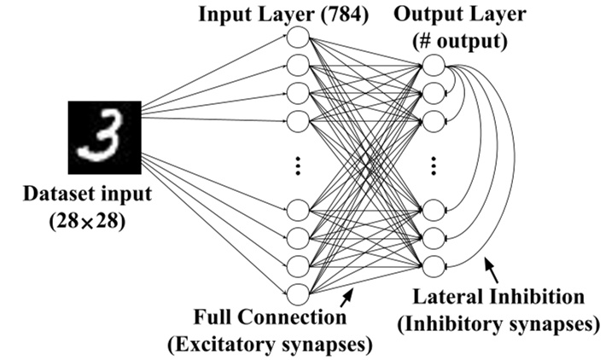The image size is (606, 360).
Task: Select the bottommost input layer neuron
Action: (298, 294)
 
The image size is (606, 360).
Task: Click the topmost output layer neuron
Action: (433, 65)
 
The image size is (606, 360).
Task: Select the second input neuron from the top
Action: (298, 65)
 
